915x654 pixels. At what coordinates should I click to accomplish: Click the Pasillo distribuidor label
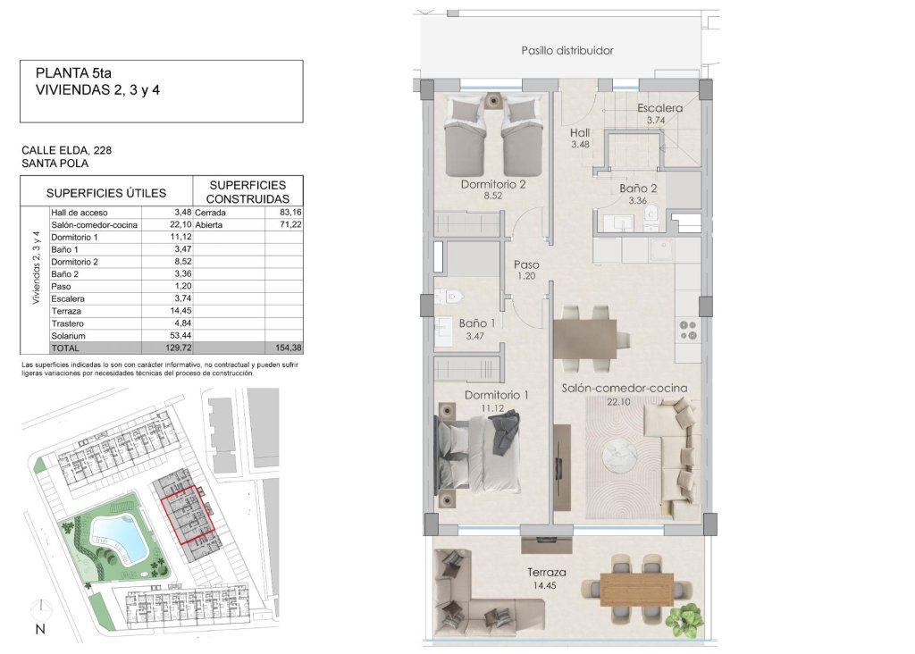coord(567,51)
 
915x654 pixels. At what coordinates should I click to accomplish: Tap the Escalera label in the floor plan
coord(660,109)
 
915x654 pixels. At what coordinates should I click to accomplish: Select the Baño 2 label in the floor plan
coord(638,189)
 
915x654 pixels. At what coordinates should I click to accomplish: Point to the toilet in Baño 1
coord(452,295)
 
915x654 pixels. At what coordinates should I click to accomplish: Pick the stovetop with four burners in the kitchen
coord(688,331)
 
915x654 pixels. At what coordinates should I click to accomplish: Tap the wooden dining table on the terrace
coord(636,588)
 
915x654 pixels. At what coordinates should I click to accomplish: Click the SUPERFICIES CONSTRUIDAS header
coord(248,191)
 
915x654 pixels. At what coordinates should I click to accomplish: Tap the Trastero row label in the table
coord(68,323)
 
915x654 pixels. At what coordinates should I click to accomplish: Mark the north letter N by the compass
coord(39,629)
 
